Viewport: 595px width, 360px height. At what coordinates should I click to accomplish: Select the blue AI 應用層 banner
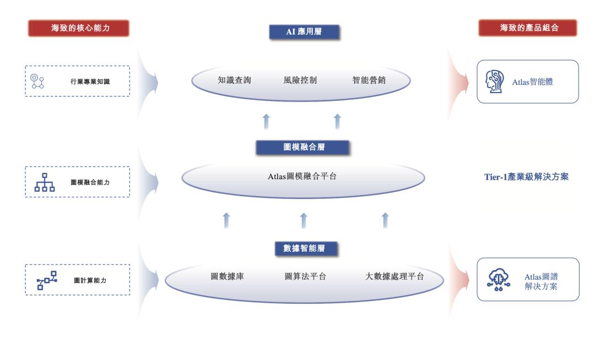[x=304, y=32]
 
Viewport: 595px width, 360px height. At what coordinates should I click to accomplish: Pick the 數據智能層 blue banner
[x=304, y=248]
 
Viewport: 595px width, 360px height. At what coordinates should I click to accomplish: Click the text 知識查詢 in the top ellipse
[x=235, y=80]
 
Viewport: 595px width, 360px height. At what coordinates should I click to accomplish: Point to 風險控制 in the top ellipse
[x=301, y=80]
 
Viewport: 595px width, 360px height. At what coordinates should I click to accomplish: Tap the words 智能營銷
[x=369, y=80]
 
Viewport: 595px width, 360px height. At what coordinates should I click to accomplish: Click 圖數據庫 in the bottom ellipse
[x=228, y=276]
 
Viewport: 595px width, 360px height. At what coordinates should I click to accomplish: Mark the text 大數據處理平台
[x=394, y=276]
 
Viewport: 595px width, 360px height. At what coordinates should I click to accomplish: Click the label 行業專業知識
[x=90, y=82]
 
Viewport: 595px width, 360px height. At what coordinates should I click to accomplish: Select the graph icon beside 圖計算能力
[x=47, y=280]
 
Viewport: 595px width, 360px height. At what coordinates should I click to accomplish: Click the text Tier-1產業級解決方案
[x=522, y=177]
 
